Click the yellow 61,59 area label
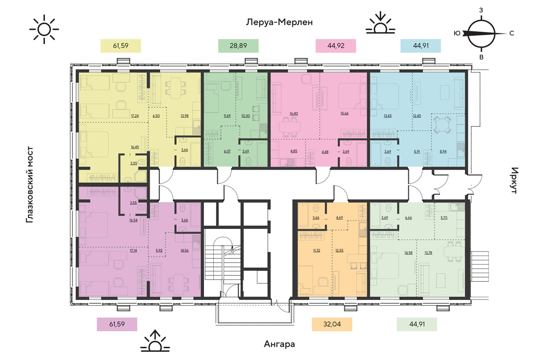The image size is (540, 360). pos(121,46)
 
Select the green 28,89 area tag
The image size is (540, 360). pos(238,46)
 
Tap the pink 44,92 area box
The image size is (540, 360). pos(336,46)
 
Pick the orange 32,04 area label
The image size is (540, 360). pos(332,324)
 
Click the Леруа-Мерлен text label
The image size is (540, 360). pos(279,22)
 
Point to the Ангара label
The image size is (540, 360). pos(279,344)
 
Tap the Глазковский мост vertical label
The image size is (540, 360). pos(29,184)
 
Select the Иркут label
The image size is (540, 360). pos(514,180)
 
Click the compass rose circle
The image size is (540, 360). pos(481,34)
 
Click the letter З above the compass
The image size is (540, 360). pos(481,10)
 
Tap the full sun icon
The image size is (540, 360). pos(44,29)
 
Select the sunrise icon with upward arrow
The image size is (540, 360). pos(155,341)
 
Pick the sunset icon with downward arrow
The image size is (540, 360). pos(380,22)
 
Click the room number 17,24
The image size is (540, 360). pos(135,116)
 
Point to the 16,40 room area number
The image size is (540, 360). pos(293,113)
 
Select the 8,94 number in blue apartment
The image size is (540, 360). pos(443,152)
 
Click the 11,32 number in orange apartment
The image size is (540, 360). pos(316,250)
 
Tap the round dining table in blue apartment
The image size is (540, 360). pos(441,125)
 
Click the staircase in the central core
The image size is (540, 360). pos(222,261)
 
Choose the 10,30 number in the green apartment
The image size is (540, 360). pos(245,116)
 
